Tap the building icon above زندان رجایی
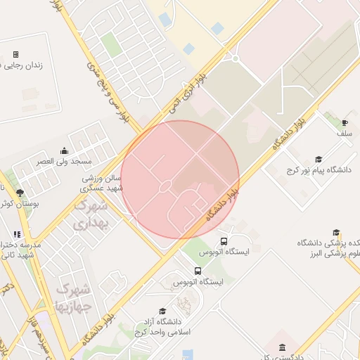tap(15, 54)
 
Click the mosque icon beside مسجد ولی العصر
tap(65, 150)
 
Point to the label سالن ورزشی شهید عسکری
tap(101, 184)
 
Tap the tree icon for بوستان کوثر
tap(20, 193)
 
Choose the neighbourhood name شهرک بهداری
tap(91, 214)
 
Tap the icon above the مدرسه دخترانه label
tap(17, 234)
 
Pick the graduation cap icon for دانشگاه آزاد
tap(162, 311)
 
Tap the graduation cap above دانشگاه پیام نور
tap(319, 159)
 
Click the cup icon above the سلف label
tap(345, 122)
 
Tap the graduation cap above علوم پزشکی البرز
tap(336, 233)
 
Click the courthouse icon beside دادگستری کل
tap(282, 348)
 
